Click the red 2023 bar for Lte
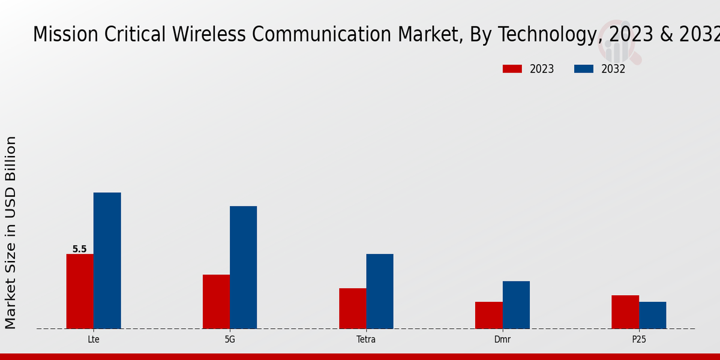pyautogui.click(x=80, y=291)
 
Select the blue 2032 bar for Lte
pyautogui.click(x=107, y=260)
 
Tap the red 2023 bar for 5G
pyautogui.click(x=216, y=301)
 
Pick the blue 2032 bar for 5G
pyautogui.click(x=243, y=267)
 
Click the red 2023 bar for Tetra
pyautogui.click(x=352, y=308)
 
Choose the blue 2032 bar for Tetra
pyautogui.click(x=380, y=291)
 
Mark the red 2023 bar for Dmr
pyautogui.click(x=488, y=315)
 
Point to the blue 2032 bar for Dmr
pyautogui.click(x=516, y=305)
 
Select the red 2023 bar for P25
pyautogui.click(x=625, y=312)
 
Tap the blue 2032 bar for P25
pyautogui.click(x=652, y=315)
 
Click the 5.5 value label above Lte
pyautogui.click(x=80, y=249)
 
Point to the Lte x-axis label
pyautogui.click(x=94, y=339)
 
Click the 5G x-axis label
pyautogui.click(x=230, y=339)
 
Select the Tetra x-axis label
pyautogui.click(x=366, y=339)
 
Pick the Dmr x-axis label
pyautogui.click(x=502, y=339)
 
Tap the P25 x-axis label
pyautogui.click(x=638, y=339)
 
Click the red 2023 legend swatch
pyautogui.click(x=512, y=69)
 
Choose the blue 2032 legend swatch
pyautogui.click(x=583, y=69)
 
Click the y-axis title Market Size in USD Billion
pyautogui.click(x=11, y=232)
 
